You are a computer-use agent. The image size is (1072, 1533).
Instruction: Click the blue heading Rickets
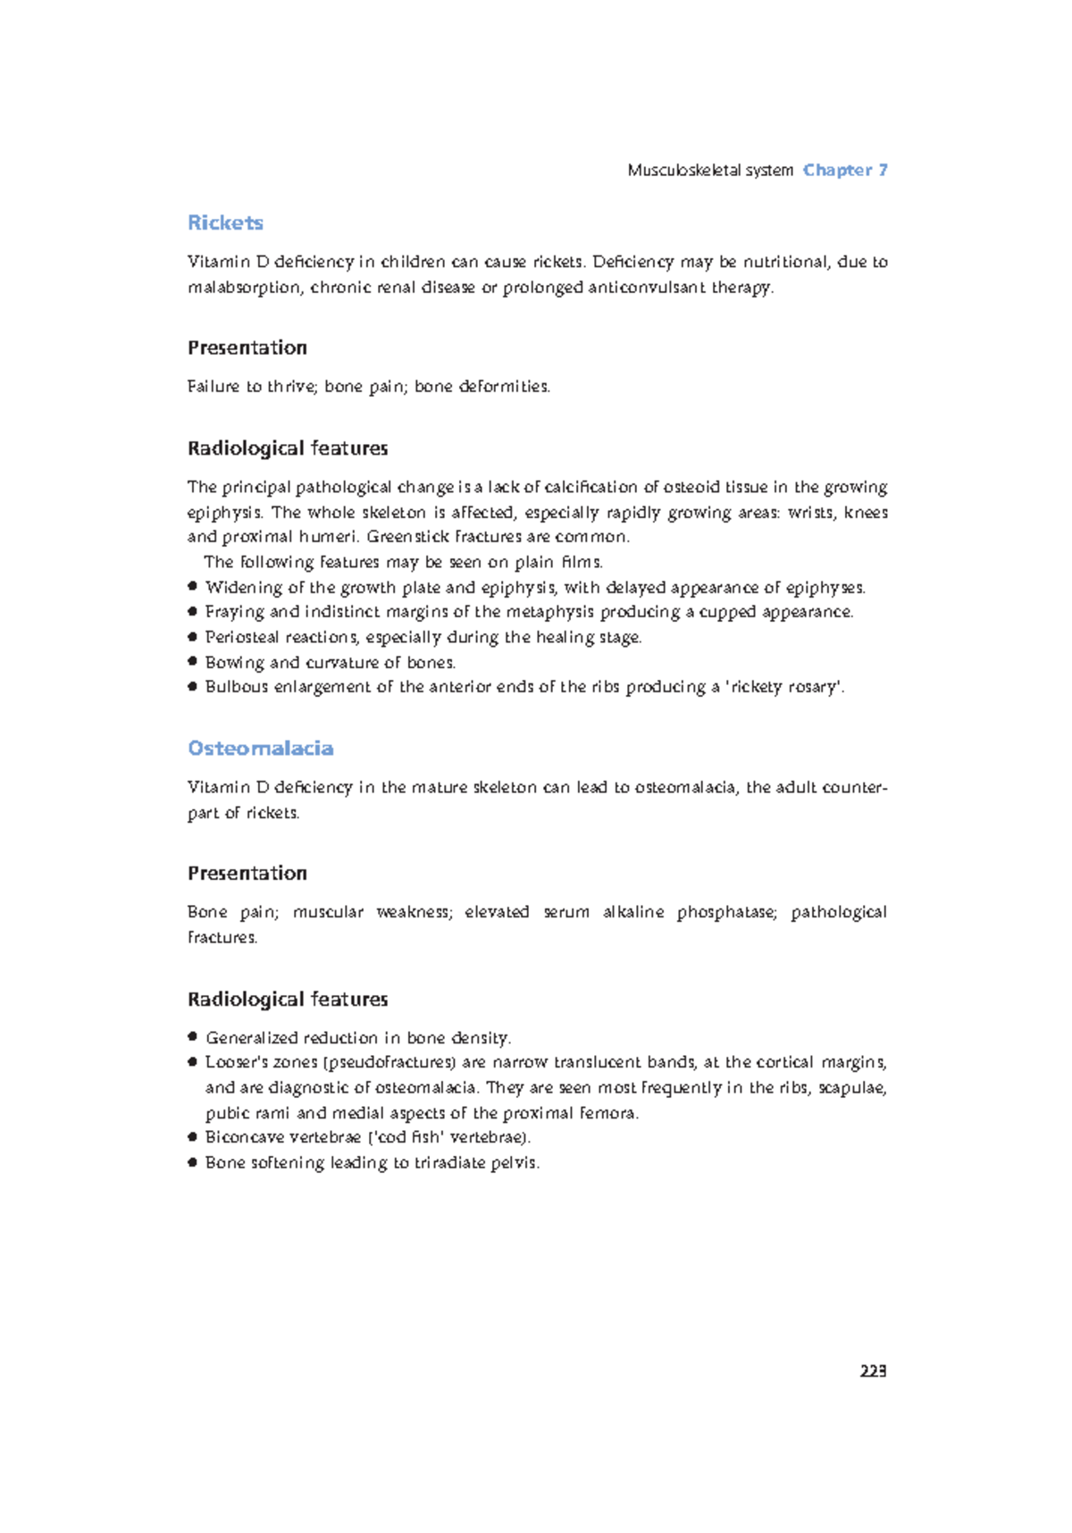[x=225, y=222]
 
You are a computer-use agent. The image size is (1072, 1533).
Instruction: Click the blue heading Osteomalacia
[x=260, y=748]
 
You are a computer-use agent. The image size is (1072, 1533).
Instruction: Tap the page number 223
[x=873, y=1370]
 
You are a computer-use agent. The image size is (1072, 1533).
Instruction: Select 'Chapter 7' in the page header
[x=845, y=170]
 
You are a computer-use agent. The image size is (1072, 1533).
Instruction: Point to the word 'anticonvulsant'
[x=647, y=287]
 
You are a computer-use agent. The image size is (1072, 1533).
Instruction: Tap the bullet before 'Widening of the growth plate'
[x=192, y=587]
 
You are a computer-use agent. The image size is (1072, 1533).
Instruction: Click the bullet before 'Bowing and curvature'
[x=192, y=662]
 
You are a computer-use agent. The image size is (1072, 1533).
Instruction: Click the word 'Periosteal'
[x=241, y=637]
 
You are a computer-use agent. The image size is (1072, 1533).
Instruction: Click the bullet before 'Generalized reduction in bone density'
[x=192, y=1037]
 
